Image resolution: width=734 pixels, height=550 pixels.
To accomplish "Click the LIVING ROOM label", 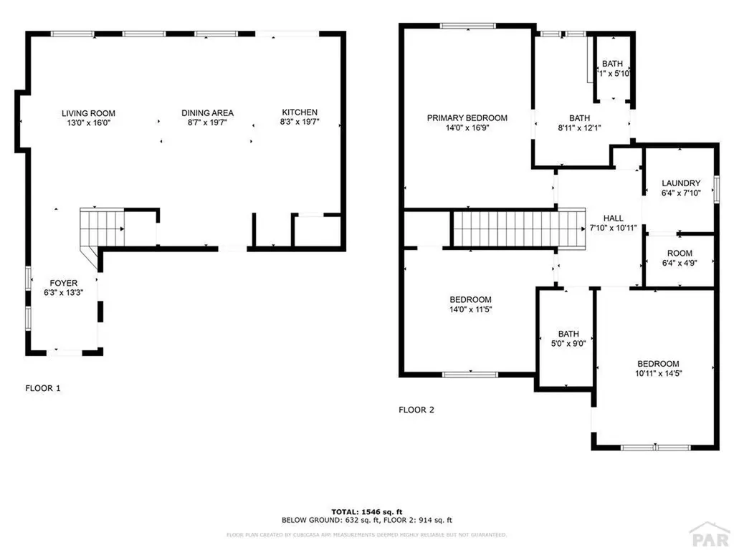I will [88, 113].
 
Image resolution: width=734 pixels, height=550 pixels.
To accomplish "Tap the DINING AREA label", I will [207, 113].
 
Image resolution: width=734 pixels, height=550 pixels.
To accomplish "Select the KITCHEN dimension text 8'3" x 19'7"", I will [300, 122].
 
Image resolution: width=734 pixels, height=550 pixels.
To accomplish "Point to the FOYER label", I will [63, 283].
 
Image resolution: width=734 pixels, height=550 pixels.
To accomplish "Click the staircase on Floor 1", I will [100, 228].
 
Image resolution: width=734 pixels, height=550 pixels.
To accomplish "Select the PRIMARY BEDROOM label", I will [467, 118].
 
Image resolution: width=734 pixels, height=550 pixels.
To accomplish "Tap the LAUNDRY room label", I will [680, 183].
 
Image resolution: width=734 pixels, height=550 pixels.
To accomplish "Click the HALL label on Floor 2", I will [613, 218].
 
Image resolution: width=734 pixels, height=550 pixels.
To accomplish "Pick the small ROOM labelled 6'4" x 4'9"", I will [680, 258].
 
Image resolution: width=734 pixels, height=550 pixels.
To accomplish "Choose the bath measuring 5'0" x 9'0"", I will [568, 338].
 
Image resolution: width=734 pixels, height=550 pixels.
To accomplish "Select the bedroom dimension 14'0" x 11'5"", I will [470, 309].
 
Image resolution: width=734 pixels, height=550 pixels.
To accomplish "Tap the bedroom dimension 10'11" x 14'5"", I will [657, 373].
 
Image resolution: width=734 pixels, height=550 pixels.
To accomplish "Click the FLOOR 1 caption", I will [43, 389].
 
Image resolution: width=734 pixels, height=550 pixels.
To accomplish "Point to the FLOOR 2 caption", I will [416, 410].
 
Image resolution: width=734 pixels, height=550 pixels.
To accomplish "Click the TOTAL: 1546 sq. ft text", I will [366, 511].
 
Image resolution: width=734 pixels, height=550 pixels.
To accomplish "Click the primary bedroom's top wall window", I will [467, 26].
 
